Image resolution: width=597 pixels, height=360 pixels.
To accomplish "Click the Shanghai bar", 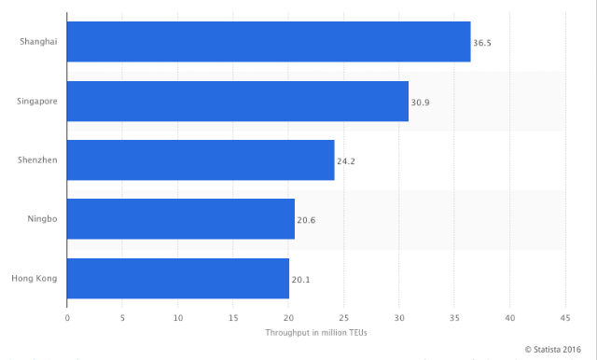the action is pos(269,41).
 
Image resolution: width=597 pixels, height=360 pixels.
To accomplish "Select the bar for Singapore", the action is pos(238,102).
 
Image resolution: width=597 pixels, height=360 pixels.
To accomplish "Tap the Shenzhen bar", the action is pos(201,160).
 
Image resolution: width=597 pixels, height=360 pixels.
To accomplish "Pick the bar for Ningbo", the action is pos(181,219).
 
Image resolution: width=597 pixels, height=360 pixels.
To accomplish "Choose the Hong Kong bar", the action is pos(178,278).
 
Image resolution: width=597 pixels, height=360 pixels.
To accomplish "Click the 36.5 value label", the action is pos(482,43).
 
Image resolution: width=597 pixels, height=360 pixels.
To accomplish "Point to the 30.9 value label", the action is pos(421,103).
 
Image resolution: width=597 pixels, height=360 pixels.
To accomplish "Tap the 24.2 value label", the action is pos(346,161).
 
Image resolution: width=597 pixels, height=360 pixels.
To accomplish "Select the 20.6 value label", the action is pos(306,220).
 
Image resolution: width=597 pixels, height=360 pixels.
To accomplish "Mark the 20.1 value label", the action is pos(300,280).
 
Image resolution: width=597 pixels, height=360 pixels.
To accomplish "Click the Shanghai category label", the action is pos(38,41).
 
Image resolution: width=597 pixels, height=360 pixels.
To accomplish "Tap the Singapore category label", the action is pos(37,102).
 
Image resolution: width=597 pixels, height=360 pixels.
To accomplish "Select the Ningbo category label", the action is pos(42,219).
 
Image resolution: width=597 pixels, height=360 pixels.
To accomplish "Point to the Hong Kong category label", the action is pos(35,279).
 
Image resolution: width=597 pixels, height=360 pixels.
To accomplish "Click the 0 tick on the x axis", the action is pos(67,318).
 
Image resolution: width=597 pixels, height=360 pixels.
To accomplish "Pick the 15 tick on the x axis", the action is pos(233,318).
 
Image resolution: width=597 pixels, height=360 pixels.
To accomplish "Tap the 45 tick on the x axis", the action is pos(565,318).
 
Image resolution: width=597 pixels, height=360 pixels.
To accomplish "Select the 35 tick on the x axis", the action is pos(454,318).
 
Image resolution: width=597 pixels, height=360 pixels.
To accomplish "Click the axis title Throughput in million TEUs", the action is pos(316,333).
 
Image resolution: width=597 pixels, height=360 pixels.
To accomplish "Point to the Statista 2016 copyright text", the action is pos(553,350).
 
